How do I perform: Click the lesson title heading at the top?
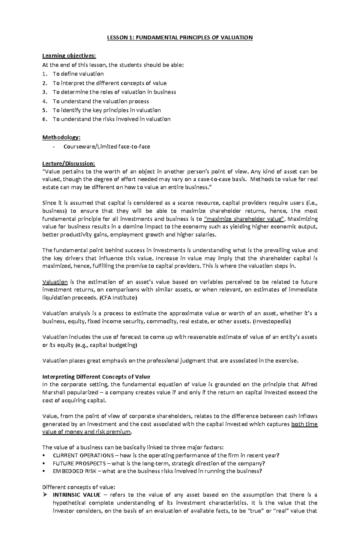coord(180,37)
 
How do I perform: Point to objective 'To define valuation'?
coord(78,74)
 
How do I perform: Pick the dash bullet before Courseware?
coord(54,147)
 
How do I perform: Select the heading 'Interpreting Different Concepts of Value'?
coord(96,377)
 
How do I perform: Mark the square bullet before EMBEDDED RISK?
coord(44,471)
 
